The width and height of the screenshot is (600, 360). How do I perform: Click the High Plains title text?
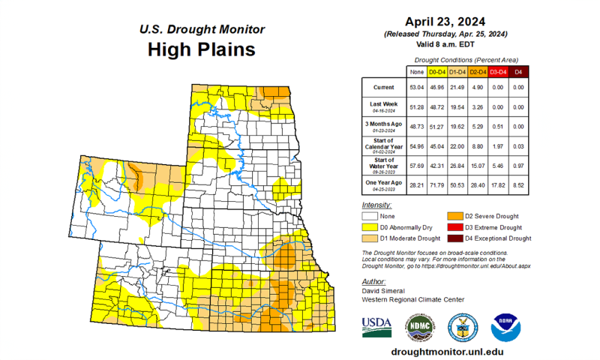(201, 50)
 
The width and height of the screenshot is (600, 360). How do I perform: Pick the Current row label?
(382, 86)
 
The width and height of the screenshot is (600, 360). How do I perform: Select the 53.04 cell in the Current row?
(415, 86)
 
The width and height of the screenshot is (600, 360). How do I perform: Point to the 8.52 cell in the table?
(517, 184)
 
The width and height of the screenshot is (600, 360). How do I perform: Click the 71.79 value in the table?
(435, 184)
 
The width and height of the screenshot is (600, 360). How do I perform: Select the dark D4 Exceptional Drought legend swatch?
(455, 238)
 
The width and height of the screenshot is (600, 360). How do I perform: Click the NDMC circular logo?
(420, 327)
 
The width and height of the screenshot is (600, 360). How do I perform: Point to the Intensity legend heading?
(376, 205)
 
